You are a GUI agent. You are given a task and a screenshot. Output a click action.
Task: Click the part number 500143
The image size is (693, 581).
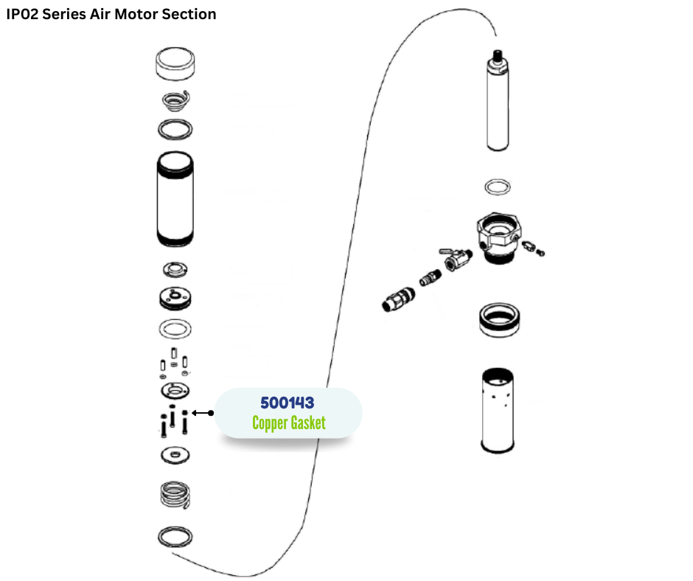pos(287,403)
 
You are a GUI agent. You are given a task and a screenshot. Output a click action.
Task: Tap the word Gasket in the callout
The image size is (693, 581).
pos(304,423)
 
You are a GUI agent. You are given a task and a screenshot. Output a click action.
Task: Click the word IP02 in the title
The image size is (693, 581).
pos(22,14)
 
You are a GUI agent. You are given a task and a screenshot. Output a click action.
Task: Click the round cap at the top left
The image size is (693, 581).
pos(176,63)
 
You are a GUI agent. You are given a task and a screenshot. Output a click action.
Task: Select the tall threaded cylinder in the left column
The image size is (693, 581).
pos(176,198)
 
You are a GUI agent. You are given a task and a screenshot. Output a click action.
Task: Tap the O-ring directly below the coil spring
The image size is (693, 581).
pos(176,537)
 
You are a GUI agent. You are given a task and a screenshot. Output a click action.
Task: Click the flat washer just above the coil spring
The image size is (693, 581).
pos(175,455)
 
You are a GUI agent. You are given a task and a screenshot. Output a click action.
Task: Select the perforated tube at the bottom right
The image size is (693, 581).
pos(498,409)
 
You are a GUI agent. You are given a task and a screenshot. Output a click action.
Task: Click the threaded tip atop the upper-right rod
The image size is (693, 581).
pos(498,55)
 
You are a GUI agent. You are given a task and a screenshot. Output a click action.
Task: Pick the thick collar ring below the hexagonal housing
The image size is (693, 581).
pos(498,320)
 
